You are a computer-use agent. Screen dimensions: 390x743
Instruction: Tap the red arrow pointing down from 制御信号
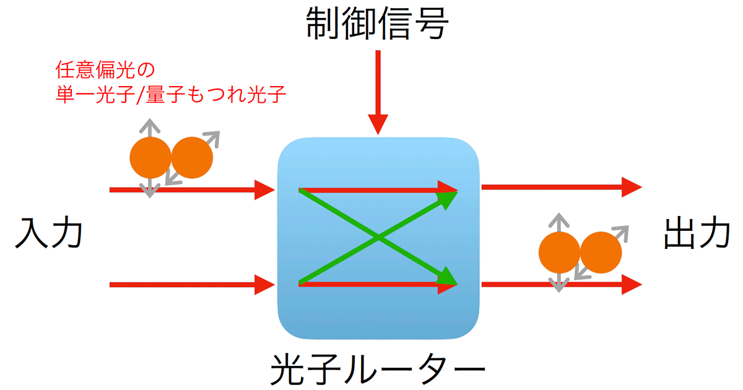(378, 93)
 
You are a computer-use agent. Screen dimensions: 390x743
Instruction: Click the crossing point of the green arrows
(377, 236)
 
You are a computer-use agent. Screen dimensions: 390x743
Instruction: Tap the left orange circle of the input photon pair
(149, 158)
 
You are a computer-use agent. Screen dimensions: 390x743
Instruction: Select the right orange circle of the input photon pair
(192, 158)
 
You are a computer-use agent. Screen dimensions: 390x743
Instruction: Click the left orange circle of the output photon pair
(558, 253)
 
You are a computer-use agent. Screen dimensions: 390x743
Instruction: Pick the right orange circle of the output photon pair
(601, 253)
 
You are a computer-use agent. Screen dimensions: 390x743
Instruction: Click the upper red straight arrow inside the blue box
(371, 188)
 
